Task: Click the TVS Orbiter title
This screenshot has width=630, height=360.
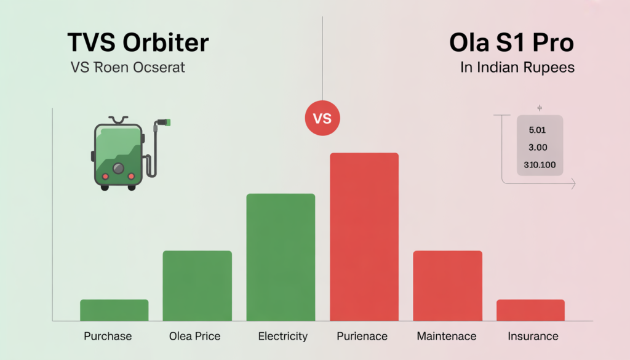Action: [137, 42]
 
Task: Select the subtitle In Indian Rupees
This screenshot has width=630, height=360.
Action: [517, 67]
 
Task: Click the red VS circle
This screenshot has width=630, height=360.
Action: [322, 118]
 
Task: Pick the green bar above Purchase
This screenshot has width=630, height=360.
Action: [114, 310]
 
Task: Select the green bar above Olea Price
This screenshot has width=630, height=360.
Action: [197, 286]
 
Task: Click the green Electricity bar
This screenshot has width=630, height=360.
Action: [281, 257]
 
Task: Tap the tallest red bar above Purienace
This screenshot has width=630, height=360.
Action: [364, 236]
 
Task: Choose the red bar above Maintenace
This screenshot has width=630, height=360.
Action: [447, 286]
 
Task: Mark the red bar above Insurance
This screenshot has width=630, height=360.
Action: [530, 310]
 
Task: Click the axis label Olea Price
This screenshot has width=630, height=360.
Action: [194, 336]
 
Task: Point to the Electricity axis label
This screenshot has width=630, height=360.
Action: [282, 336]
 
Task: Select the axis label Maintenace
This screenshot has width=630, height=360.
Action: [447, 336]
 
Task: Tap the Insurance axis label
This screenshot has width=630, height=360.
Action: [533, 336]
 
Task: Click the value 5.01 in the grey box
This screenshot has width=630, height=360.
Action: [537, 130]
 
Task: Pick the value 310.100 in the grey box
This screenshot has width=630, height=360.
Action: [540, 164]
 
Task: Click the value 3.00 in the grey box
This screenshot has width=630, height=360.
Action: [538, 148]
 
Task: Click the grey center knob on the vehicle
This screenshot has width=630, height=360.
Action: [119, 167]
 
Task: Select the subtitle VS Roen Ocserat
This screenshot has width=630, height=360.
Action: [127, 67]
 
